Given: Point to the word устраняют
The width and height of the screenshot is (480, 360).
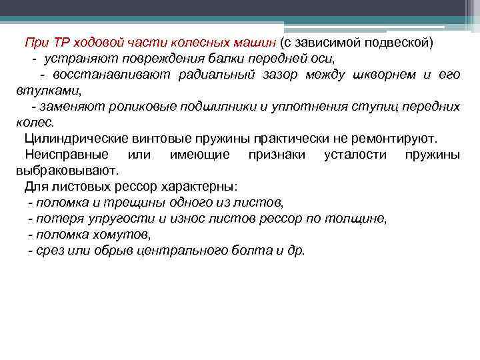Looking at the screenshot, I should pyautogui.click(x=75, y=59).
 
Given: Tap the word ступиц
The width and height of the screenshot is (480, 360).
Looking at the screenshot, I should pyautogui.click(x=360, y=107).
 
